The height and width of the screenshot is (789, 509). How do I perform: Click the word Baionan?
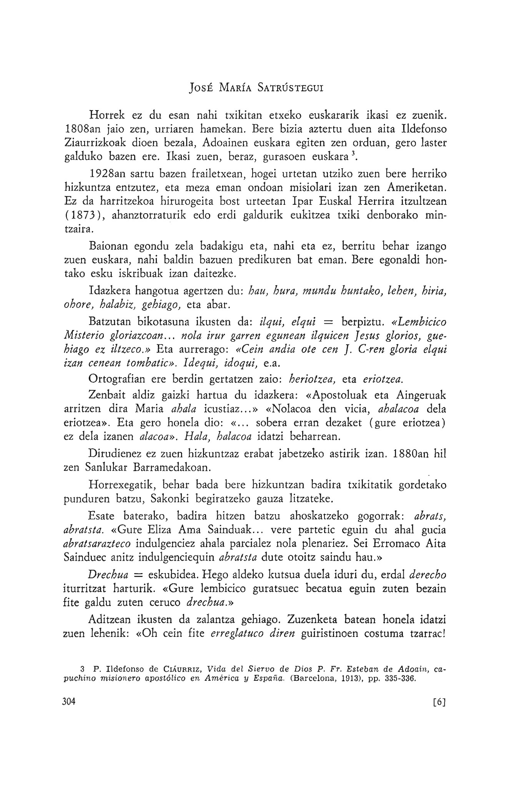[x=106, y=246]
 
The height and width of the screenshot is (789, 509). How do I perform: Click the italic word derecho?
[x=427, y=575]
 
